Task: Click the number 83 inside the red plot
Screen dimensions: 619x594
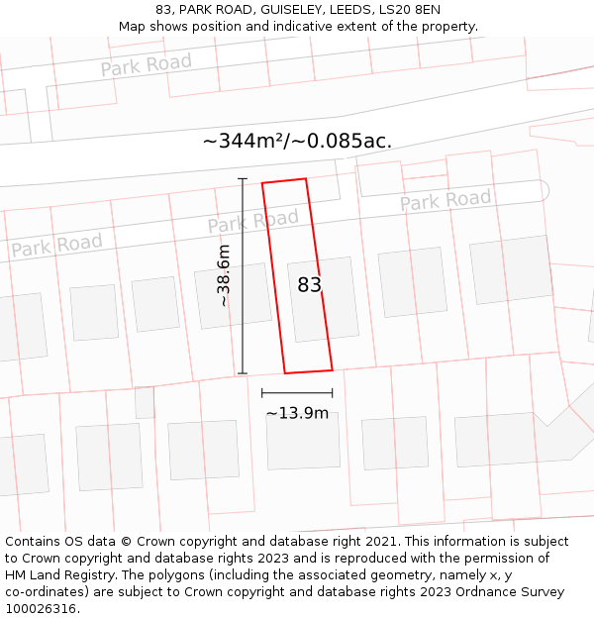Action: [309, 285]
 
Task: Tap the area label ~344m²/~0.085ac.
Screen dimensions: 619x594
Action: [297, 141]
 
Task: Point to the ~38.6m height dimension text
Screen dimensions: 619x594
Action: [224, 275]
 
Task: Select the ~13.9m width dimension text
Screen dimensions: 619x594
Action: [297, 412]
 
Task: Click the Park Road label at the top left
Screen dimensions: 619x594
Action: [146, 65]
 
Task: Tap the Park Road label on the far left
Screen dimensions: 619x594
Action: [56, 245]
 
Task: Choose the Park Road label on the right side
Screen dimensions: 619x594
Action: [445, 200]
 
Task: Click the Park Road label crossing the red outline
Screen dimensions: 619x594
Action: [253, 222]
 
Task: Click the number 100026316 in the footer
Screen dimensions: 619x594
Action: [41, 608]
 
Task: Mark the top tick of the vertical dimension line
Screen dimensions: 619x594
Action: [243, 178]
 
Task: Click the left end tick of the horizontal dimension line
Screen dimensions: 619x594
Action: [262, 393]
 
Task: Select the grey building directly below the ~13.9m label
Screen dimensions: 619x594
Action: [303, 441]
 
